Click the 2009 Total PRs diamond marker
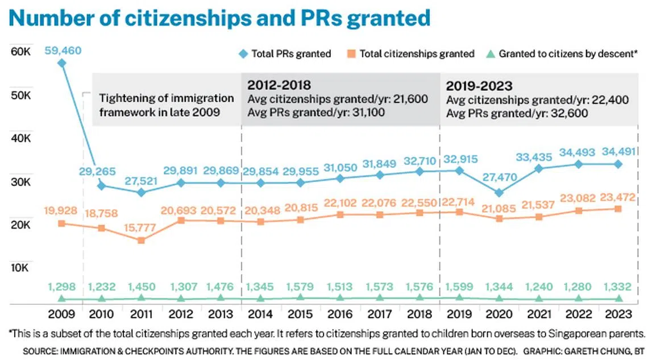click(x=61, y=63)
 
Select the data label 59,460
click(x=63, y=51)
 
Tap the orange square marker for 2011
click(x=141, y=240)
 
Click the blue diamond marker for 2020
click(x=499, y=193)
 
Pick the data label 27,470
click(x=499, y=177)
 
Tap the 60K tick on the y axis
click(x=20, y=52)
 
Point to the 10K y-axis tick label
click(x=20, y=267)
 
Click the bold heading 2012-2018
click(x=279, y=86)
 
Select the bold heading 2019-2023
click(x=479, y=86)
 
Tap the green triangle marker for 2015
click(x=300, y=297)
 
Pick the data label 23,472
click(x=618, y=198)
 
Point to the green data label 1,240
click(x=539, y=287)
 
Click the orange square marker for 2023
click(x=618, y=209)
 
